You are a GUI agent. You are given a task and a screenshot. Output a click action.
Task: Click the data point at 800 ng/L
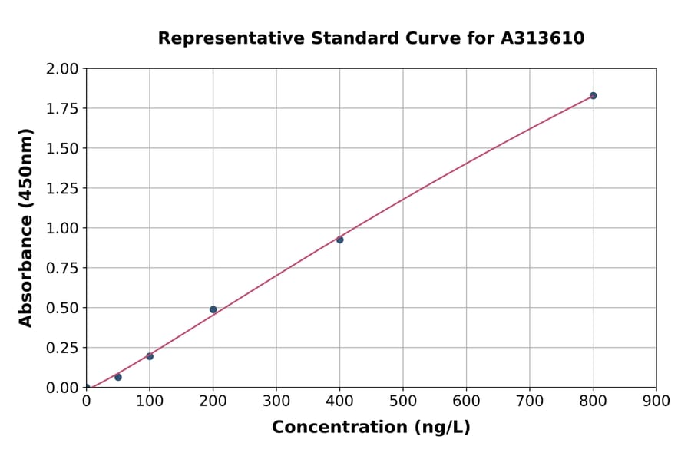pyautogui.click(x=593, y=96)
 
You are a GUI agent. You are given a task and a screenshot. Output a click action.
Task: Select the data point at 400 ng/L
pyautogui.click(x=339, y=240)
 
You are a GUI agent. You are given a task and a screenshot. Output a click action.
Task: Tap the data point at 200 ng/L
pyautogui.click(x=213, y=309)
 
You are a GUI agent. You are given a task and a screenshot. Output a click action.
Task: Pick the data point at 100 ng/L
pyautogui.click(x=150, y=356)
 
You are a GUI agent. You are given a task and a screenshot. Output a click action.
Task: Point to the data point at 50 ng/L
pyautogui.click(x=118, y=377)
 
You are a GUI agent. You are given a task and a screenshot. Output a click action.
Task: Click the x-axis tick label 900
pyautogui.click(x=656, y=401)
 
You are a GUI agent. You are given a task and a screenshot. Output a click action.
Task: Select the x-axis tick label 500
pyautogui.click(x=403, y=401)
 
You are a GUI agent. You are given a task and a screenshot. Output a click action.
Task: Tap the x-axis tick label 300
pyautogui.click(x=276, y=401)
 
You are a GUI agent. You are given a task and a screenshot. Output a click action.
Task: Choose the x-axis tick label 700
pyautogui.click(x=530, y=401)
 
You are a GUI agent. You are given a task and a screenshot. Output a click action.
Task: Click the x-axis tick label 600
pyautogui.click(x=466, y=401)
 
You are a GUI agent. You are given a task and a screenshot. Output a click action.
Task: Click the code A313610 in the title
pyautogui.click(x=543, y=38)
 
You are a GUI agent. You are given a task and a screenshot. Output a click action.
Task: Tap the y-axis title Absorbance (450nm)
pyautogui.click(x=26, y=228)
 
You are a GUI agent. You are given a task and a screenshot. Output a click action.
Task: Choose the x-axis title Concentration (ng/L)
pyautogui.click(x=371, y=428)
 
